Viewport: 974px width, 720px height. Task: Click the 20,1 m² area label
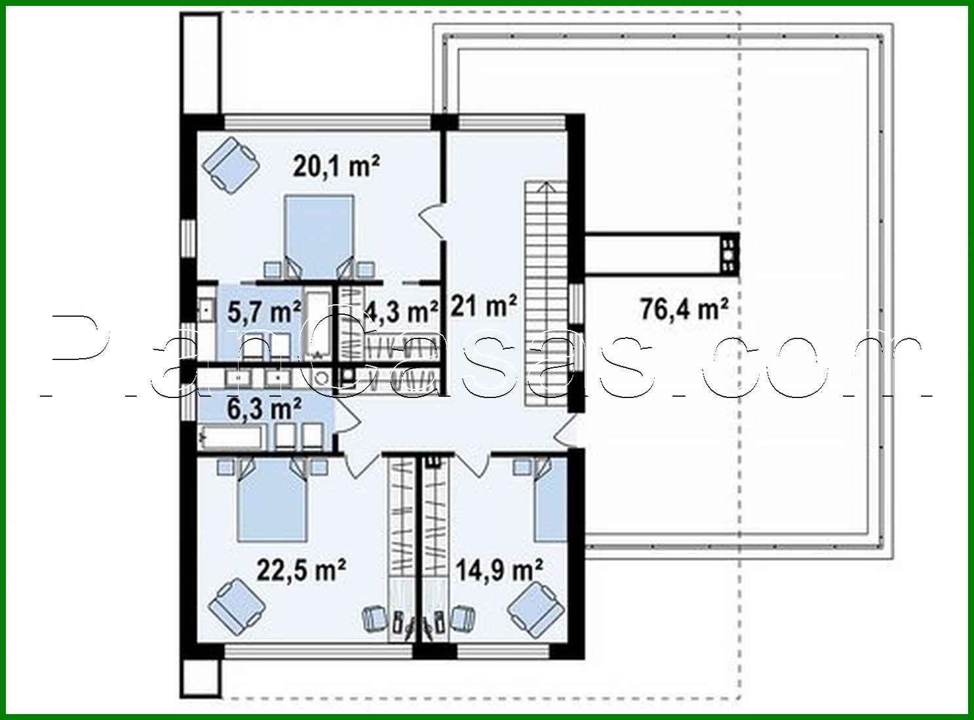(336, 167)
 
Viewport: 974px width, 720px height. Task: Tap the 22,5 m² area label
(301, 570)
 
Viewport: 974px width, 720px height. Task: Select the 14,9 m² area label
(499, 570)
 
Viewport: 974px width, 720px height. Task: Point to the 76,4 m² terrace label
(684, 308)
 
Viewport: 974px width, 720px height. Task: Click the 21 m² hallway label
(484, 306)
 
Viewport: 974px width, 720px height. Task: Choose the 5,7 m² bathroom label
(264, 311)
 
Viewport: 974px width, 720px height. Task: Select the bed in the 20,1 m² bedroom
(319, 236)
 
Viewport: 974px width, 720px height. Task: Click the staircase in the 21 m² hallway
(544, 295)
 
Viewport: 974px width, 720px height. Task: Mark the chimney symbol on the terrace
(728, 253)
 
